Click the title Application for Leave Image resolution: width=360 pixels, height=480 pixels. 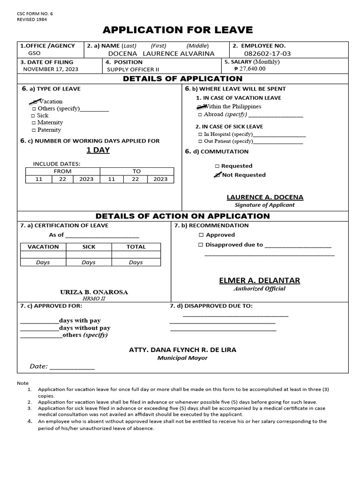178,30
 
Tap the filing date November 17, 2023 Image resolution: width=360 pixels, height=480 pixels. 51,69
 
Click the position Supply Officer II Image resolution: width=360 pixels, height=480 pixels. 134,69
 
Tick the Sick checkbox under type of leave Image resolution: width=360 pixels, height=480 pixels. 33,115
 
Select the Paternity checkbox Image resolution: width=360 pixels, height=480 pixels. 33,130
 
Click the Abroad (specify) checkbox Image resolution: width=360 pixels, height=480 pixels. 200,114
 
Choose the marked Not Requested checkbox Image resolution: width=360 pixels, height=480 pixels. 217,175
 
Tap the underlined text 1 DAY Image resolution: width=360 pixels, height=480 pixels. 98,150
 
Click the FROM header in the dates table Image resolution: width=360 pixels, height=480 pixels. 62,171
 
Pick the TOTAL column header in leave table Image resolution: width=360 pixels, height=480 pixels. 136,247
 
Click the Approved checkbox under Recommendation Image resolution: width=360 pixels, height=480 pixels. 201,235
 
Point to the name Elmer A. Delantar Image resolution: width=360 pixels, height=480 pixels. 259,280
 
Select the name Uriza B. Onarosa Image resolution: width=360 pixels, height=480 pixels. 94,292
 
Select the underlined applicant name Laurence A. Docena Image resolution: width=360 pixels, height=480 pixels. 265,197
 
